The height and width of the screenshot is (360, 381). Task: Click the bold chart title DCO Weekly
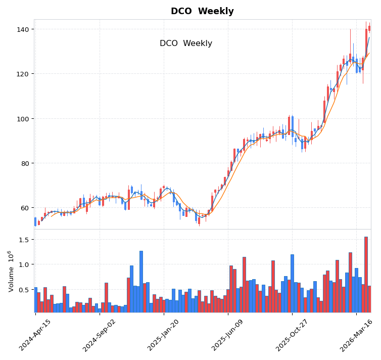pyautogui.click(x=202, y=11)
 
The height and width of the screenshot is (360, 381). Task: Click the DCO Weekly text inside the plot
pyautogui.click(x=186, y=43)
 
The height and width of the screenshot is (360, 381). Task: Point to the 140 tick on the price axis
pyautogui.click(x=23, y=29)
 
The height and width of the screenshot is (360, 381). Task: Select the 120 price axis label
pyautogui.click(x=23, y=74)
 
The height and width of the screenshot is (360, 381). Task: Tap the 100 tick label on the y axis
pyautogui.click(x=23, y=119)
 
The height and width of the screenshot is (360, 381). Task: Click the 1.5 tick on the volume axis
pyautogui.click(x=24, y=239)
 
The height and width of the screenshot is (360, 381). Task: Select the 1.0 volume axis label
pyautogui.click(x=24, y=264)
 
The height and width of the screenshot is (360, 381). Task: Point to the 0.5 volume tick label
pyautogui.click(x=24, y=290)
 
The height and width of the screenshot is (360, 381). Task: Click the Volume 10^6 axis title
pyautogui.click(x=11, y=271)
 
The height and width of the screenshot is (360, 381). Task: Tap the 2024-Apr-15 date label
pyautogui.click(x=35, y=335)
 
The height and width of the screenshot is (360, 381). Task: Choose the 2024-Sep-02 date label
pyautogui.click(x=100, y=335)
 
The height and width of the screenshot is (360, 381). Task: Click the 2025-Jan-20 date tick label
pyautogui.click(x=164, y=335)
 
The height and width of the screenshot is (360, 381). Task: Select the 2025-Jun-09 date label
pyautogui.click(x=228, y=335)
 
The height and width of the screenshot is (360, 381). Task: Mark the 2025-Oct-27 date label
pyautogui.click(x=292, y=335)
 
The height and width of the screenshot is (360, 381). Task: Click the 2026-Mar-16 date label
pyautogui.click(x=356, y=335)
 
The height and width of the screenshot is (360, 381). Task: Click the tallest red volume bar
pyautogui.click(x=366, y=274)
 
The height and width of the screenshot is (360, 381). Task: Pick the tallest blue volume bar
pyautogui.click(x=141, y=281)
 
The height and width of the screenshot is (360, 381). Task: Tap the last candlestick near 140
pyautogui.click(x=369, y=28)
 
